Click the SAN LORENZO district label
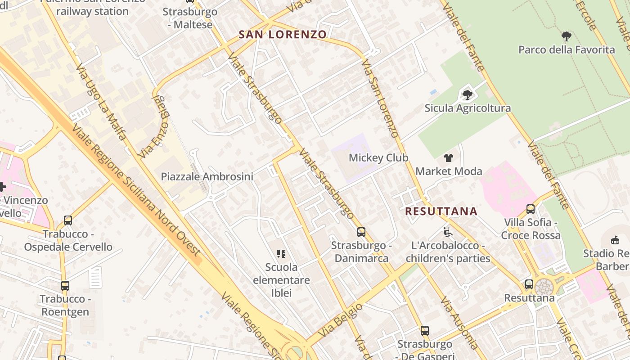tap(282, 35)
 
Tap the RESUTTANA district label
tap(441, 211)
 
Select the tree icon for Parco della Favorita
tap(567, 36)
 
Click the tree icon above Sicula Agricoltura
tap(468, 95)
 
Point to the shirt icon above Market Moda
tap(449, 158)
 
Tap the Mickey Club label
tap(378, 158)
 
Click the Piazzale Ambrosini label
tap(207, 177)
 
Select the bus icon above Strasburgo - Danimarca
tap(361, 232)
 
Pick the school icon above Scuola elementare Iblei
tap(281, 254)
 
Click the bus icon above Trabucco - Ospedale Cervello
tap(68, 220)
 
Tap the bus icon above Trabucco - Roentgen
tap(65, 285)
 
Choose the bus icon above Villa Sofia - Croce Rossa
tap(531, 209)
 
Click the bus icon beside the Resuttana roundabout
tap(529, 284)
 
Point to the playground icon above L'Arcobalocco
tap(447, 232)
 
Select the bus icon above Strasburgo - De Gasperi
tap(424, 331)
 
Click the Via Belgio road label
tap(340, 321)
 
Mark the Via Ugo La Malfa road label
tap(101, 102)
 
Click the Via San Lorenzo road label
tap(380, 98)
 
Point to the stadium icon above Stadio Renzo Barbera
tap(615, 240)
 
